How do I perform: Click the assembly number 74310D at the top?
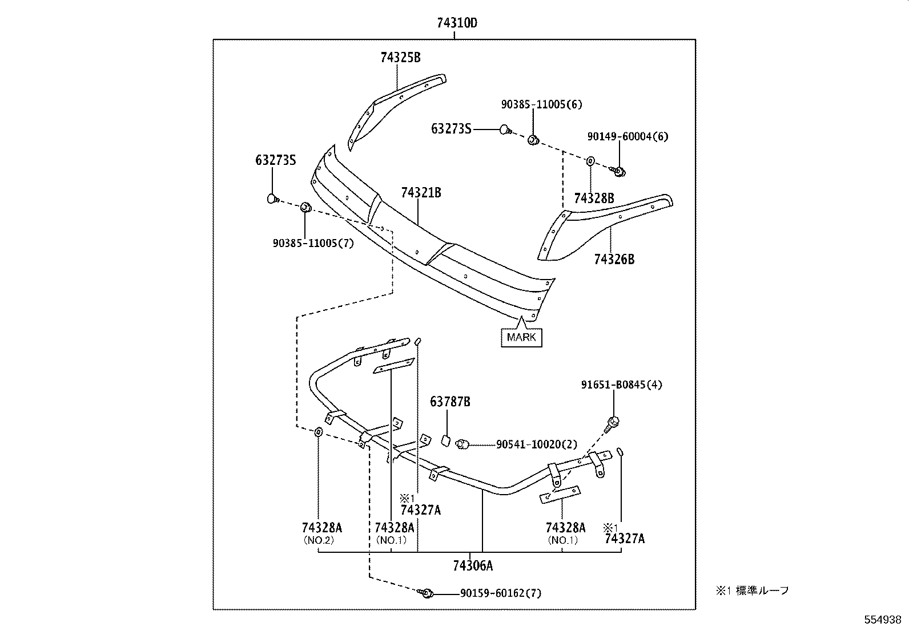click(x=456, y=23)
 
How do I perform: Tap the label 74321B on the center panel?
click(x=421, y=193)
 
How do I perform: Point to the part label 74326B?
click(x=614, y=259)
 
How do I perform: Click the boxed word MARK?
click(x=521, y=337)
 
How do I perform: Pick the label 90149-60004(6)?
click(x=628, y=136)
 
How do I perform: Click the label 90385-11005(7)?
click(x=313, y=243)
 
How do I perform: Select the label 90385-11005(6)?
click(x=542, y=104)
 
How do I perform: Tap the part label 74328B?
click(x=594, y=198)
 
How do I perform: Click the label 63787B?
click(x=450, y=402)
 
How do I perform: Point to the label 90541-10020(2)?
click(x=537, y=444)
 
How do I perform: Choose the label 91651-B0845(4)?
click(x=622, y=385)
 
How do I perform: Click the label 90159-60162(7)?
click(x=501, y=593)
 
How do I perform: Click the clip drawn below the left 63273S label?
click(x=272, y=199)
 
